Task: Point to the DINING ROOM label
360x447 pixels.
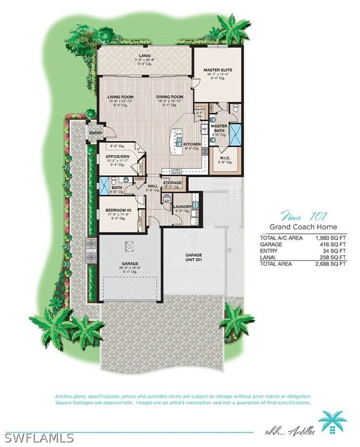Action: (169, 97)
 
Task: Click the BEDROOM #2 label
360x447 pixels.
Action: (117, 210)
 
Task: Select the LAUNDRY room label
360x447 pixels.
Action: (183, 207)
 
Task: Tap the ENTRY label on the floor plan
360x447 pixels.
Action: (96, 133)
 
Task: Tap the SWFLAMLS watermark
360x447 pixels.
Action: (38, 438)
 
